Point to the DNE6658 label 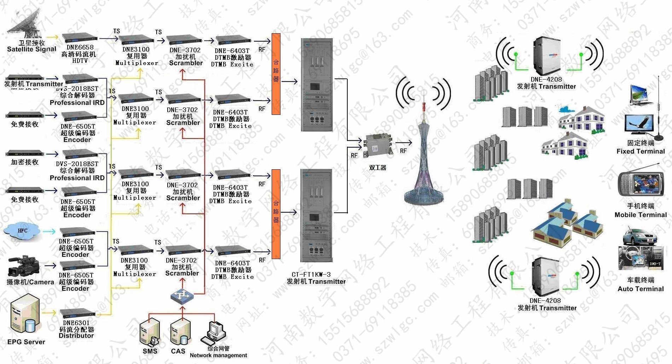(80, 47)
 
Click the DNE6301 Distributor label (76, 329)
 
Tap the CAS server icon (180, 332)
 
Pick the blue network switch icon (182, 295)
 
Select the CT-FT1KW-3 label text (311, 274)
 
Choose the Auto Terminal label (641, 289)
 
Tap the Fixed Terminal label (641, 151)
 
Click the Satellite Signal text (32, 49)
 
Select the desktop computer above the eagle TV (641, 95)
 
